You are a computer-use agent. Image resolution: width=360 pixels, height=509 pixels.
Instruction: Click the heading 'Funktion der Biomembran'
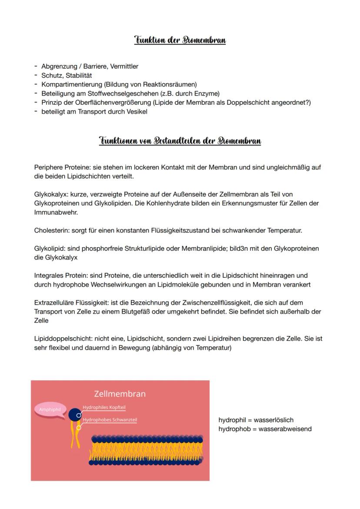point(180,40)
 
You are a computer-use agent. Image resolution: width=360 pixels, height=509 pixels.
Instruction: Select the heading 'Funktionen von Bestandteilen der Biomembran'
point(180,141)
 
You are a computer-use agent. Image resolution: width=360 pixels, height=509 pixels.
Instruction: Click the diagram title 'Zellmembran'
point(120,394)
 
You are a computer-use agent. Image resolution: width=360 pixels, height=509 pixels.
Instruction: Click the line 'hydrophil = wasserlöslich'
point(256,420)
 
